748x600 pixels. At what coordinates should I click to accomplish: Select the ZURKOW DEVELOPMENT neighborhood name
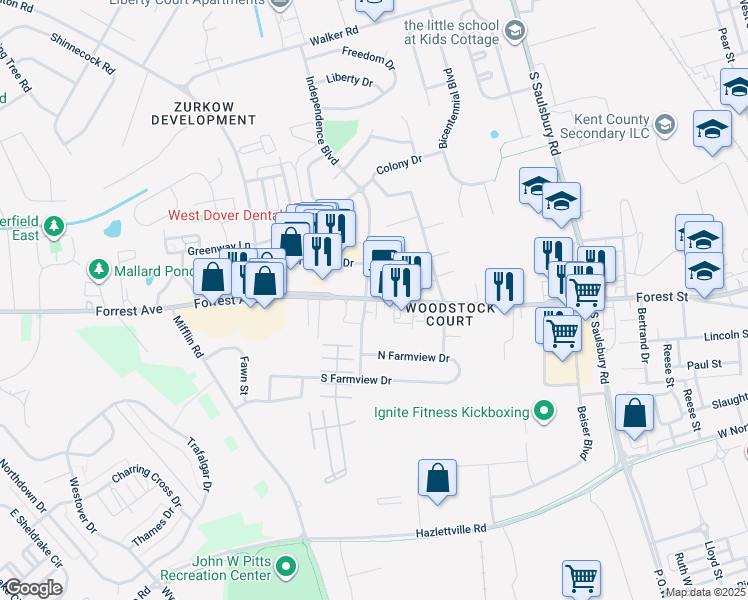click(x=198, y=112)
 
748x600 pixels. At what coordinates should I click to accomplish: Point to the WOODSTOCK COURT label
click(x=450, y=315)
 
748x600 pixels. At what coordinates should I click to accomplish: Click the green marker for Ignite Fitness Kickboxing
click(x=544, y=410)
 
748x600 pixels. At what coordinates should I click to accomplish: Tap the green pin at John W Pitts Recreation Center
click(x=287, y=568)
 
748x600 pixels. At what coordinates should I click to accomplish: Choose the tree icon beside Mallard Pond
click(x=99, y=270)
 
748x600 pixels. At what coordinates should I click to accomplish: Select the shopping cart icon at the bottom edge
click(x=581, y=577)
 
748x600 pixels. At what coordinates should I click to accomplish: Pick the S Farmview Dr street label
click(x=355, y=380)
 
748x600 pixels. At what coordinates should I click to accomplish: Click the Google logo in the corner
click(x=33, y=588)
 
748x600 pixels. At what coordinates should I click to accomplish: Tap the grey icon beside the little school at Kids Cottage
click(x=514, y=32)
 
